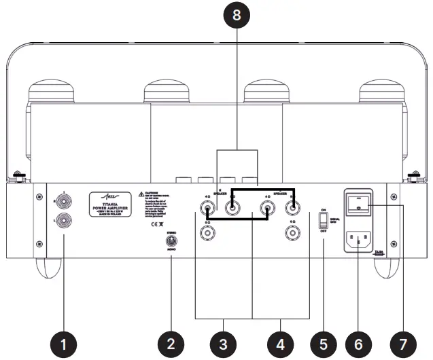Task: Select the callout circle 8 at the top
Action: click(x=236, y=17)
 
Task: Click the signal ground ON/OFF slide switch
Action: click(x=324, y=220)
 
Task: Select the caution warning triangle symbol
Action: click(x=140, y=194)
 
